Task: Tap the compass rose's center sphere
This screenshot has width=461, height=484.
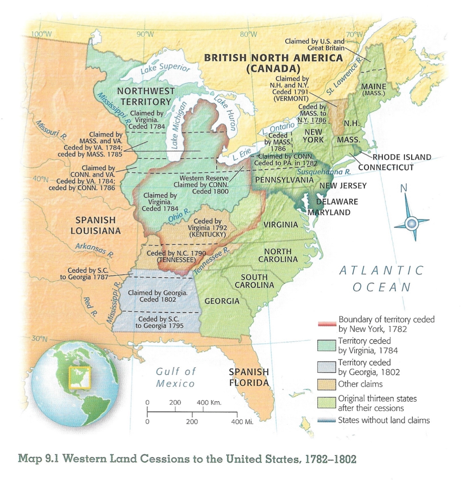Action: click(412, 222)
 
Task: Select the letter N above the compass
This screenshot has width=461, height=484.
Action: click(404, 189)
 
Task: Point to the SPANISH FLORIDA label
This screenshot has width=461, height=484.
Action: click(249, 377)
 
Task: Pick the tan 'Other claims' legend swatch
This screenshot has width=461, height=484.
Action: click(327, 383)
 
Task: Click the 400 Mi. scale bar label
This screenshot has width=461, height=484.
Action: click(242, 421)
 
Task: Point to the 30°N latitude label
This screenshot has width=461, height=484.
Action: click(39, 339)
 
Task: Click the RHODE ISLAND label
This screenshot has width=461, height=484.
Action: click(402, 157)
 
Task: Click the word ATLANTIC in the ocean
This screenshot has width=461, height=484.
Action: click(381, 270)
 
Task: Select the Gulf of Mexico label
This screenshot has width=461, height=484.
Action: click(175, 377)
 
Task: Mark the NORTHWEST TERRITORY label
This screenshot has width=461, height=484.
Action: click(146, 96)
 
